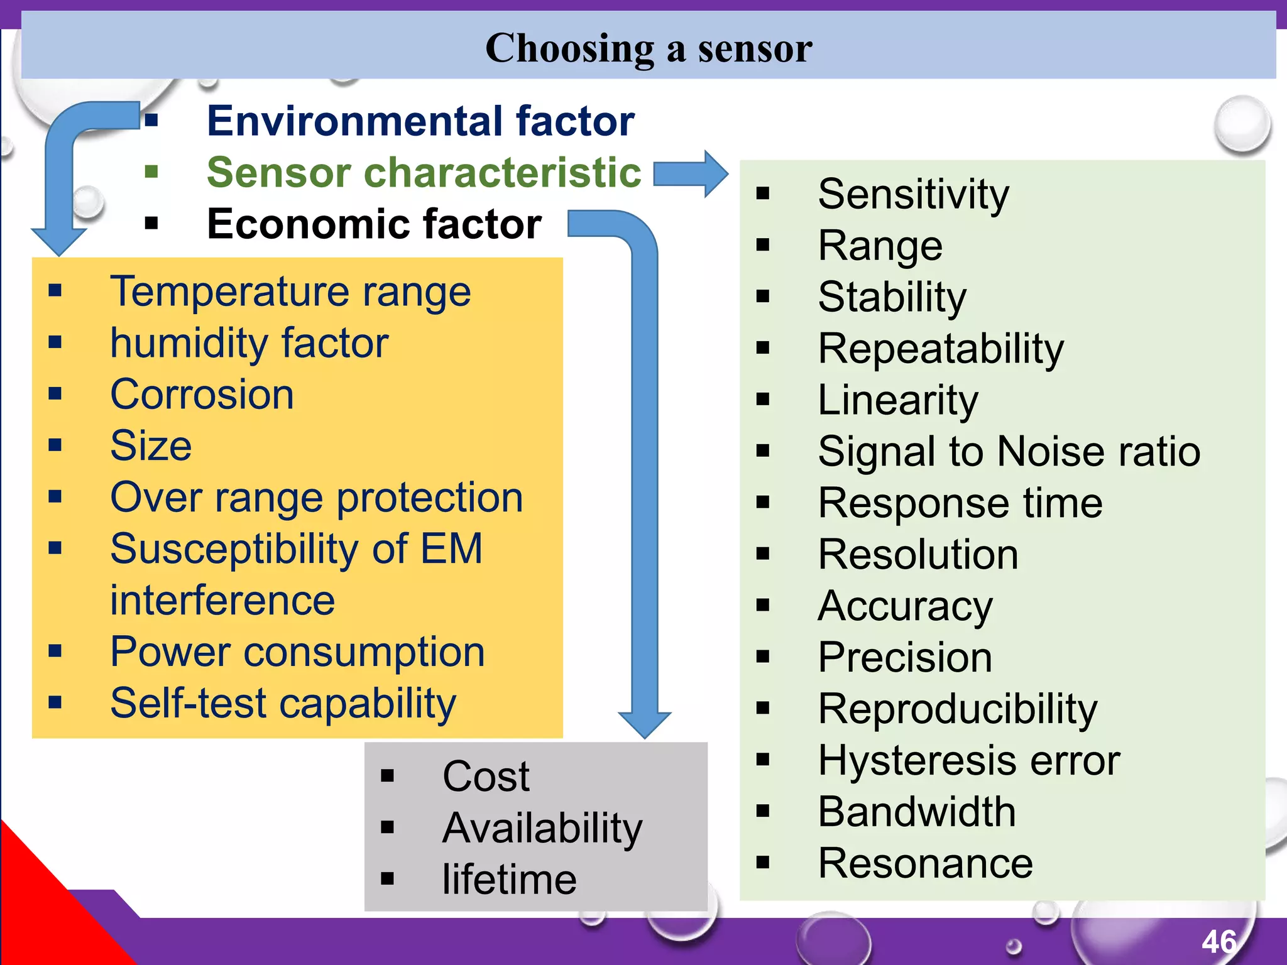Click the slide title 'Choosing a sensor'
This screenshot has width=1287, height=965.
tap(649, 48)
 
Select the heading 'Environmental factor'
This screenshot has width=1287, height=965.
tap(420, 121)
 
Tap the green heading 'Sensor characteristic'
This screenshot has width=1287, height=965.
tap(424, 172)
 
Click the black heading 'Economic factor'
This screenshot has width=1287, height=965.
tap(374, 224)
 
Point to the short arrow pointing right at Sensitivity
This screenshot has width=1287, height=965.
tap(690, 173)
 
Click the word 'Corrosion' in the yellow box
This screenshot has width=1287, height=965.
tap(202, 395)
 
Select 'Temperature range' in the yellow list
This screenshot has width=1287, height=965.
tap(290, 292)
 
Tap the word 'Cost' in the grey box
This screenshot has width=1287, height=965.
tap(486, 777)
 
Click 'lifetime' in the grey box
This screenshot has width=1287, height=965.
tap(509, 880)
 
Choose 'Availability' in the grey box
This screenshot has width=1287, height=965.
tap(542, 828)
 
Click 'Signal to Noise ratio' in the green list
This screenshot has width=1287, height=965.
tap(1009, 452)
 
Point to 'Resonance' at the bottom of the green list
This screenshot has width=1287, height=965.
tap(925, 863)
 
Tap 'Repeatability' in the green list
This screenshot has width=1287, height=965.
tap(941, 349)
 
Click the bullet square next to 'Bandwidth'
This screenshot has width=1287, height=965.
tap(763, 811)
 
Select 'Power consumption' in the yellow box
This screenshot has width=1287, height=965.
tap(297, 652)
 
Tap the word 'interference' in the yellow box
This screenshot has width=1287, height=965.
tap(222, 601)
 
